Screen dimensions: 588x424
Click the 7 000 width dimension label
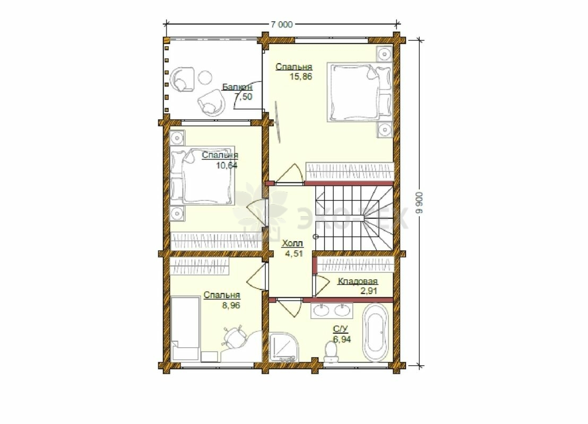282,25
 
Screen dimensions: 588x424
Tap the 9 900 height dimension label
420,202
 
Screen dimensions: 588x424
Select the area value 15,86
301,77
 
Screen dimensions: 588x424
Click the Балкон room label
237,87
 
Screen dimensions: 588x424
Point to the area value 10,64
227,165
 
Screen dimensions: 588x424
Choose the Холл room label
292,243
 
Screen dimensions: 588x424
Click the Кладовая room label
358,281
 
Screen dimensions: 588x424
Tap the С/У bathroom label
341,329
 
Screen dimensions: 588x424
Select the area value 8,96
231,306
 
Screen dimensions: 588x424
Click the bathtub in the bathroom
375,332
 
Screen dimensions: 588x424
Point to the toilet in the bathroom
331,353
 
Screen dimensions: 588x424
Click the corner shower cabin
284,347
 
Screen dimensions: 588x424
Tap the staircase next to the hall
353,218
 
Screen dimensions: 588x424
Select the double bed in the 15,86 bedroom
359,92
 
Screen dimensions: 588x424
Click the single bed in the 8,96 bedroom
185,329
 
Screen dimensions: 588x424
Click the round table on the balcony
205,78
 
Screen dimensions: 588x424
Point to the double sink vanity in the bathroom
332,311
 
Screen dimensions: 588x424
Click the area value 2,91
369,291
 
